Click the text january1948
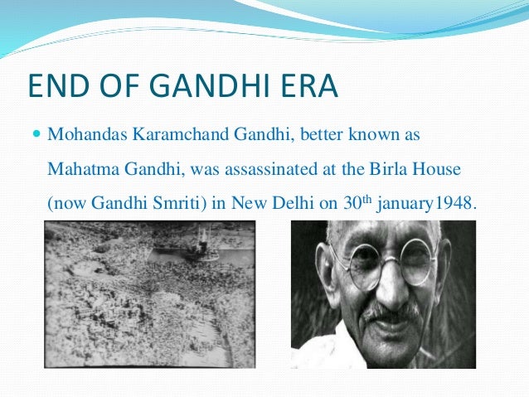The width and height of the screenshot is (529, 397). [429, 204]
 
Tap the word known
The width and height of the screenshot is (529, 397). [350, 133]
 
